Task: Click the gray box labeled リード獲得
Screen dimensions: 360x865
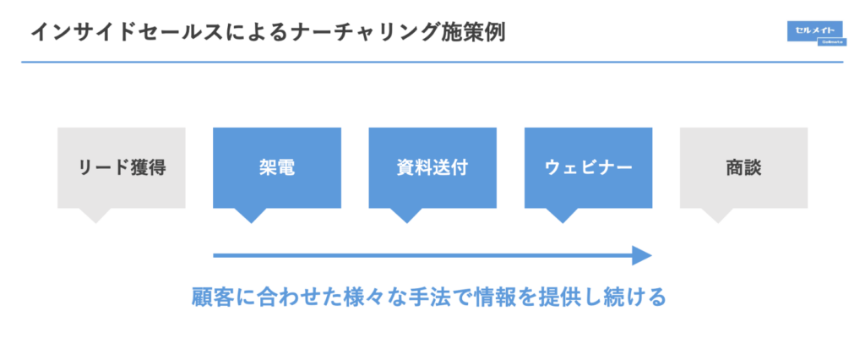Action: (x=121, y=167)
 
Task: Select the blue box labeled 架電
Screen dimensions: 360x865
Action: (x=276, y=167)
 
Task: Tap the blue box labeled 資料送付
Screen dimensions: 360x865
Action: (x=432, y=167)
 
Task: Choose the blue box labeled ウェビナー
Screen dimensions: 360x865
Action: (x=588, y=167)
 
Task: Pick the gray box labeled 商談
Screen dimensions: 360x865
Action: (x=743, y=167)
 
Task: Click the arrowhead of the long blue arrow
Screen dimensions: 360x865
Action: (x=643, y=255)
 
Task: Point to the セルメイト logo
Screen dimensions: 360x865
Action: (x=813, y=31)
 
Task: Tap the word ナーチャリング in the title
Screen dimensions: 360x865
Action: (x=354, y=33)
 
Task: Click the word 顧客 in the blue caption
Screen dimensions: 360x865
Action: (x=208, y=298)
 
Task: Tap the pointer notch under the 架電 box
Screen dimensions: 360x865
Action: (x=250, y=215)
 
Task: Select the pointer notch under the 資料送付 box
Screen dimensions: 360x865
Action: (x=406, y=215)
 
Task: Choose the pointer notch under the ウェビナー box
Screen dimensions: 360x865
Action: (x=562, y=215)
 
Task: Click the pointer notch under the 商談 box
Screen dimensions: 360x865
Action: (x=717, y=215)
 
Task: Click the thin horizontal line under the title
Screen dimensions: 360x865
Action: (x=422, y=62)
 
